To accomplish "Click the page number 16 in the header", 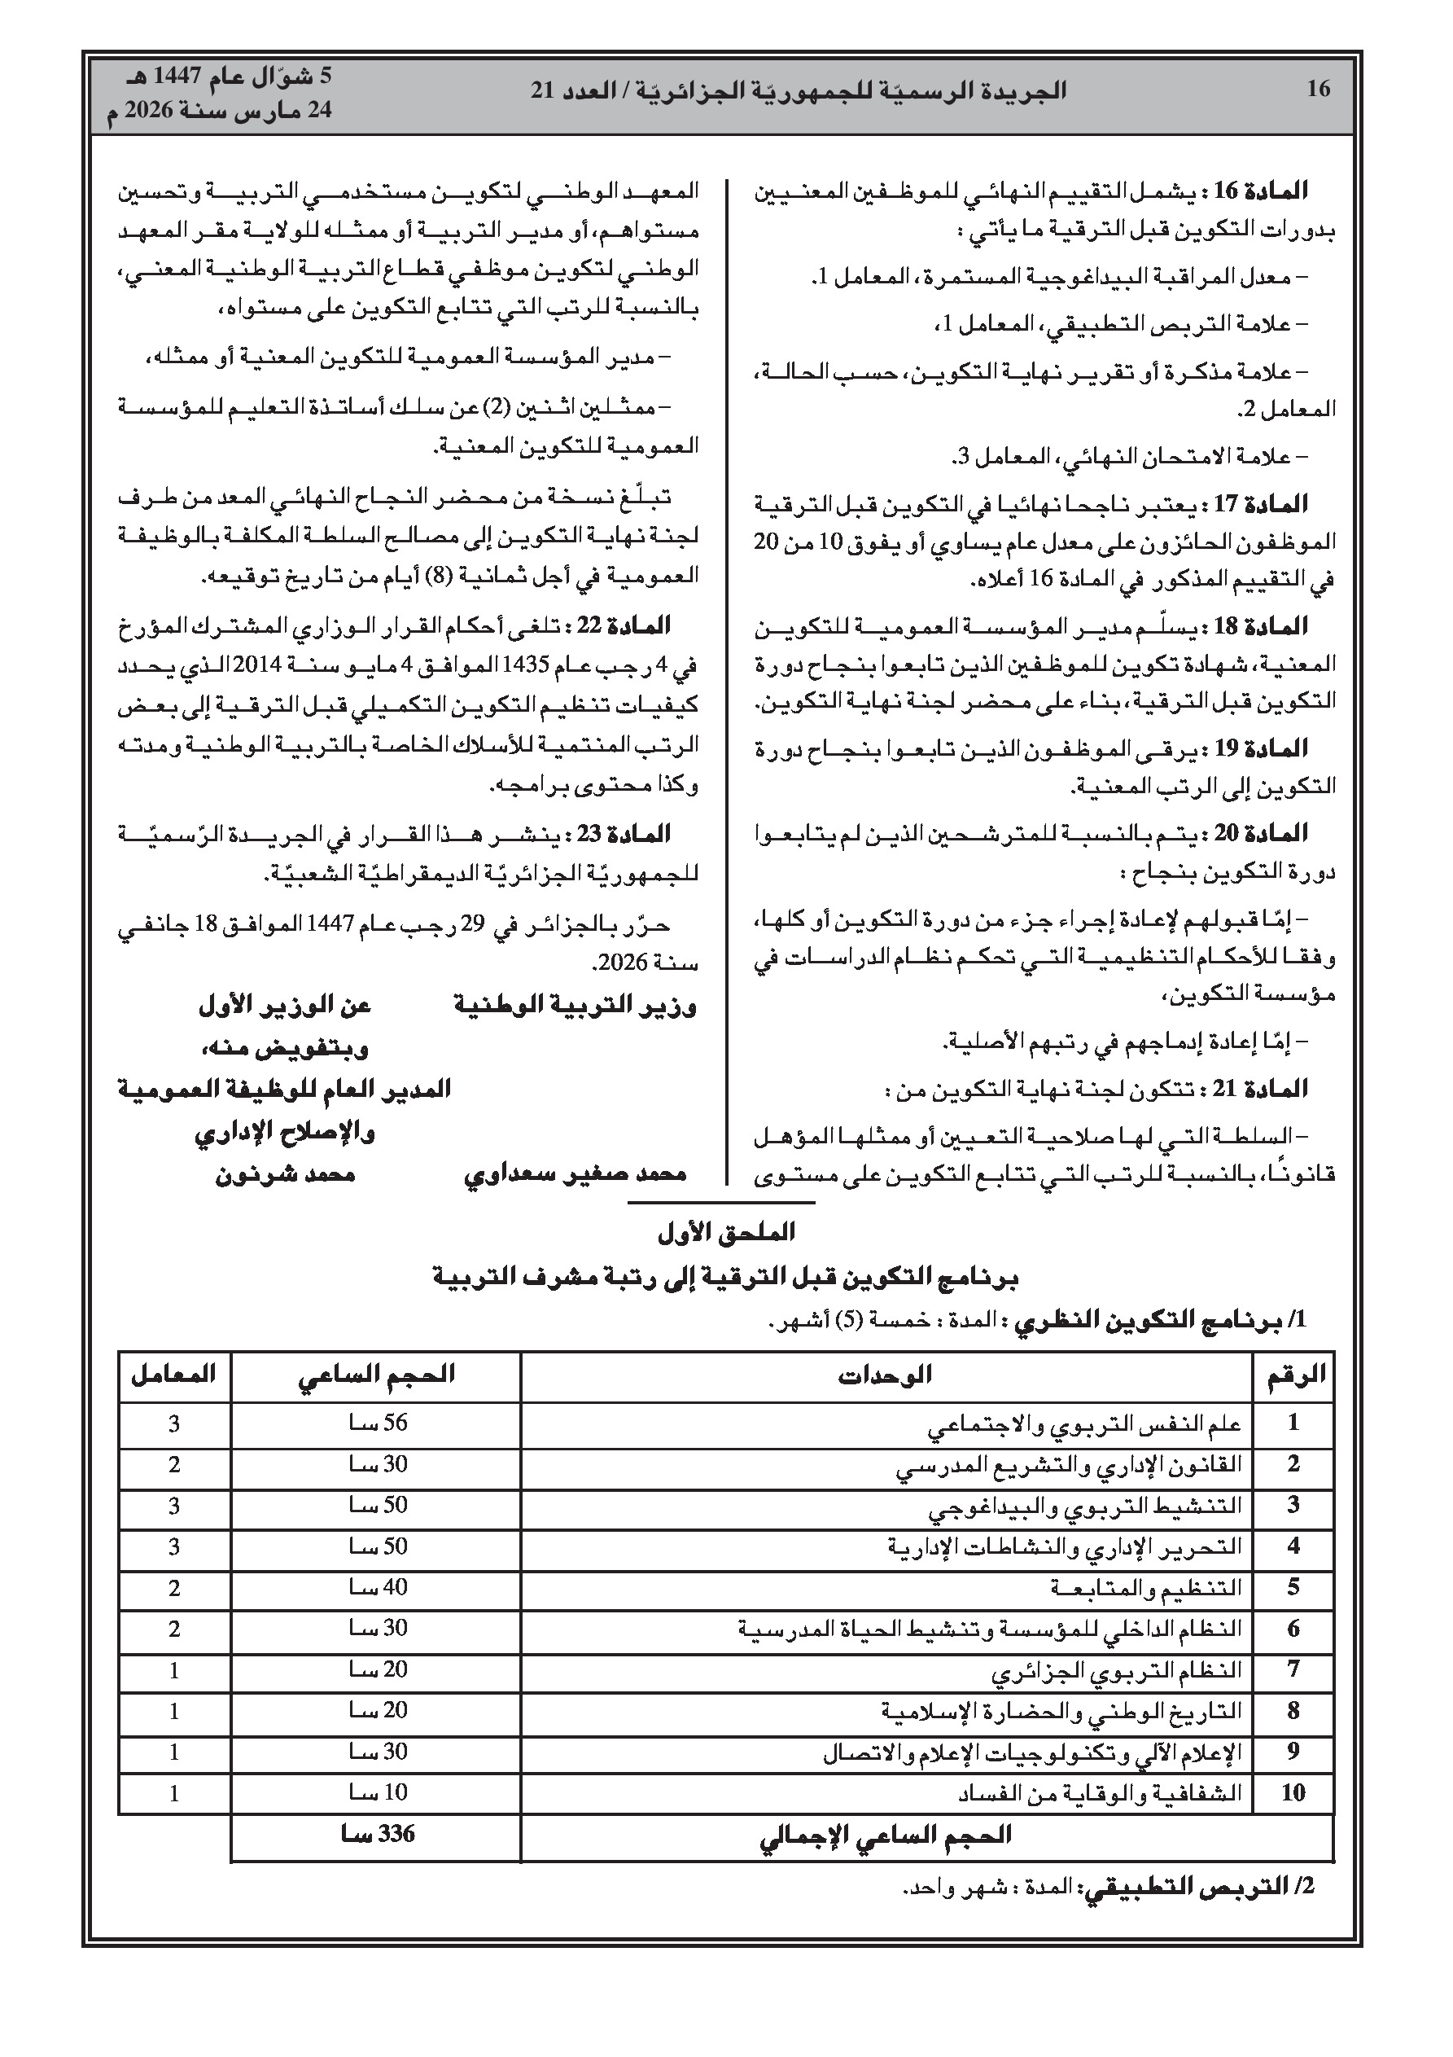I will pos(1319,90).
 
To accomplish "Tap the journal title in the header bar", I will pos(799,90).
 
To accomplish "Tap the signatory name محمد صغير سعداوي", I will pos(574,1173).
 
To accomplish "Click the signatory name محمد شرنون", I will pos(285,1173).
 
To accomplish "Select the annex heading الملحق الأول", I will pos(725,1233).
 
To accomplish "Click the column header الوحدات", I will pos(885,1375).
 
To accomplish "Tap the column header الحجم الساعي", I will pos(376,1375).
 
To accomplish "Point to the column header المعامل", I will pos(173,1375).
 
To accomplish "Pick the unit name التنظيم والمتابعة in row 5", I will pos(1146,1589).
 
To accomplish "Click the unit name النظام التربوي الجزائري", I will pos(1116,1670).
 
